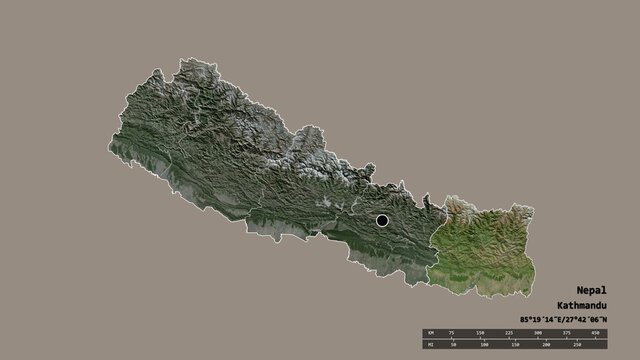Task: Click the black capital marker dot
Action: tap(382, 220)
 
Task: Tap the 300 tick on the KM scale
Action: tap(538, 333)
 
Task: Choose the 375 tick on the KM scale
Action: tap(567, 333)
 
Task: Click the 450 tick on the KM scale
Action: tap(596, 333)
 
